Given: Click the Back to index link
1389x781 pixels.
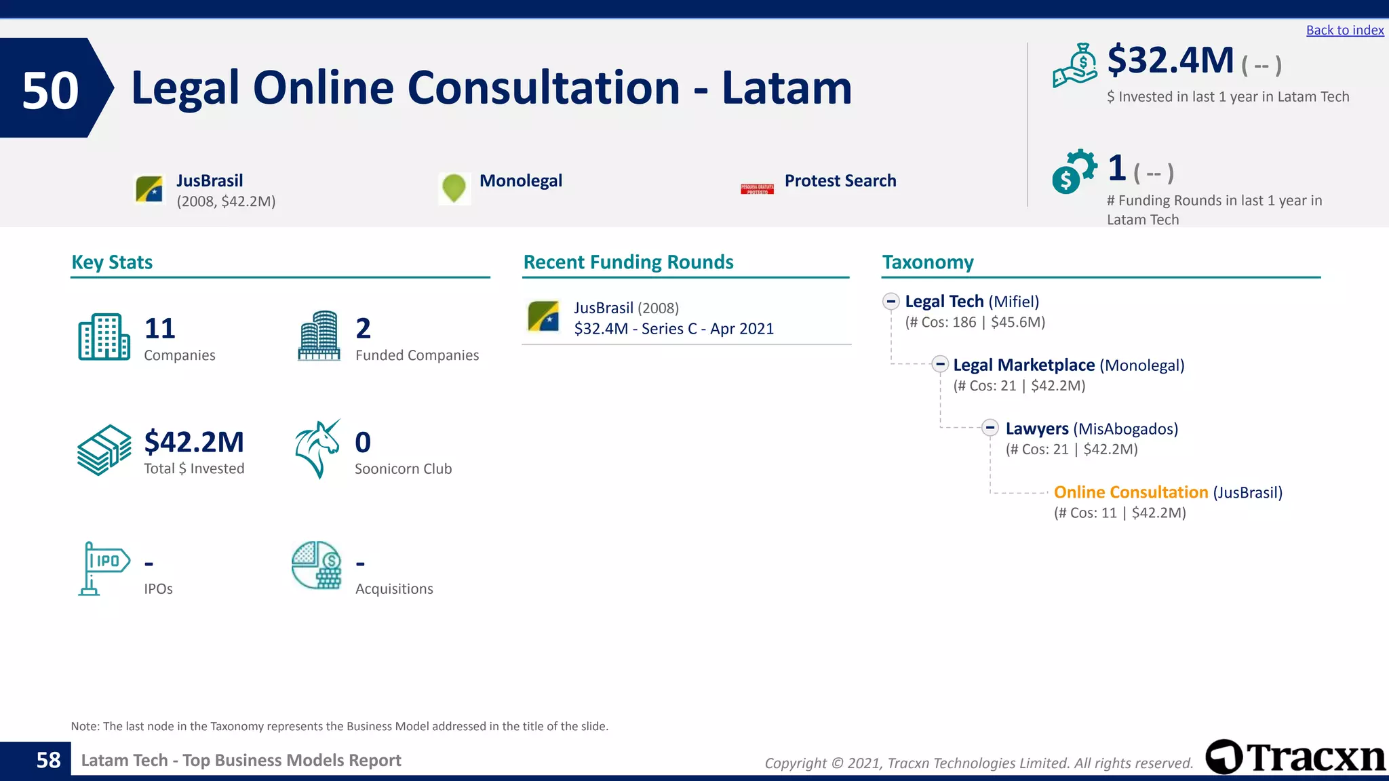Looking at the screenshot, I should pyautogui.click(x=1344, y=31).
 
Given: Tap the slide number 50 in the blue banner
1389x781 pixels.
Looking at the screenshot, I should pyautogui.click(x=50, y=90).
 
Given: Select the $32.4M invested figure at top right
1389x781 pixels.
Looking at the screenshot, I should pyautogui.click(x=1170, y=60).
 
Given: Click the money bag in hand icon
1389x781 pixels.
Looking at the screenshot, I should pyautogui.click(x=1075, y=66).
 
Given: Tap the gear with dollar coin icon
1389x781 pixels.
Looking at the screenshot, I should pyautogui.click(x=1074, y=172).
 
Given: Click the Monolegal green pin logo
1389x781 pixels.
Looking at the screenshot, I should pyautogui.click(x=454, y=188).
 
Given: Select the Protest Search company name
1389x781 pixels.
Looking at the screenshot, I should pyautogui.click(x=840, y=181).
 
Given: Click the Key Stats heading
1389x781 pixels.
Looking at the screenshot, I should pyautogui.click(x=112, y=262).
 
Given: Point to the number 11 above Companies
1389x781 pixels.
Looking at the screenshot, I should pyautogui.click(x=160, y=329).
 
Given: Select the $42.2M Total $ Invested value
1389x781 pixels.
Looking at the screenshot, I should pyautogui.click(x=194, y=442).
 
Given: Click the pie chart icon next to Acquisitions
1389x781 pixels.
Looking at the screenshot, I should pyautogui.click(x=317, y=565).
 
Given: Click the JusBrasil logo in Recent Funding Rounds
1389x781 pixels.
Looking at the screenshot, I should pyautogui.click(x=543, y=317).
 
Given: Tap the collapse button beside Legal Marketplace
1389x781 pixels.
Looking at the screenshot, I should pyautogui.click(x=939, y=365).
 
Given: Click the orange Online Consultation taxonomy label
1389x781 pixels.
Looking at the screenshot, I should pyautogui.click(x=1131, y=492).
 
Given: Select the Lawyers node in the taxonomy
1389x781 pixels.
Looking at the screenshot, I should pyautogui.click(x=1037, y=429).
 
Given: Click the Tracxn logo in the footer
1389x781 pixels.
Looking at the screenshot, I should pyautogui.click(x=1295, y=757).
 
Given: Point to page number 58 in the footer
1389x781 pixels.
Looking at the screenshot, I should pyautogui.click(x=48, y=760).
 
